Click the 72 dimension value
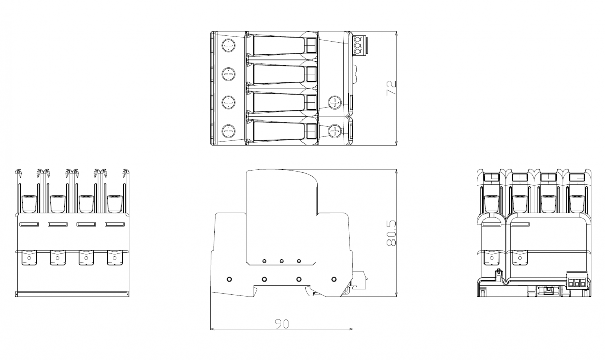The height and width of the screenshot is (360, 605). tap(391, 88)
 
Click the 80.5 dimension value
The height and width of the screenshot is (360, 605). tap(391, 233)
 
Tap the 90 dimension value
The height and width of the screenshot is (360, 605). tap(282, 324)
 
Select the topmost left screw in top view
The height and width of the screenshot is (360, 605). tap(229, 45)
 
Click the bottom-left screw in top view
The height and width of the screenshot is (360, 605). tap(229, 131)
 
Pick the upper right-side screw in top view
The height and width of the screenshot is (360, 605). tap(335, 103)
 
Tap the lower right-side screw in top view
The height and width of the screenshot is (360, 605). tap(335, 131)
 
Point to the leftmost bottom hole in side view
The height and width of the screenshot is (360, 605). tap(229, 279)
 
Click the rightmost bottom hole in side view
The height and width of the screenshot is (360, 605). tap(334, 279)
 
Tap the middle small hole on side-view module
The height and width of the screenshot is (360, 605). tap(282, 261)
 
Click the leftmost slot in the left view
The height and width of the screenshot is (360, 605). tap(29, 224)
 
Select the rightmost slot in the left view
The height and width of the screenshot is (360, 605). tap(115, 224)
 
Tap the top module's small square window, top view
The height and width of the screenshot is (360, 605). tap(312, 45)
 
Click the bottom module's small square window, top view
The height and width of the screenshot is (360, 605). tap(312, 131)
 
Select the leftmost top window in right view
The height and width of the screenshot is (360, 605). tap(491, 177)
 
